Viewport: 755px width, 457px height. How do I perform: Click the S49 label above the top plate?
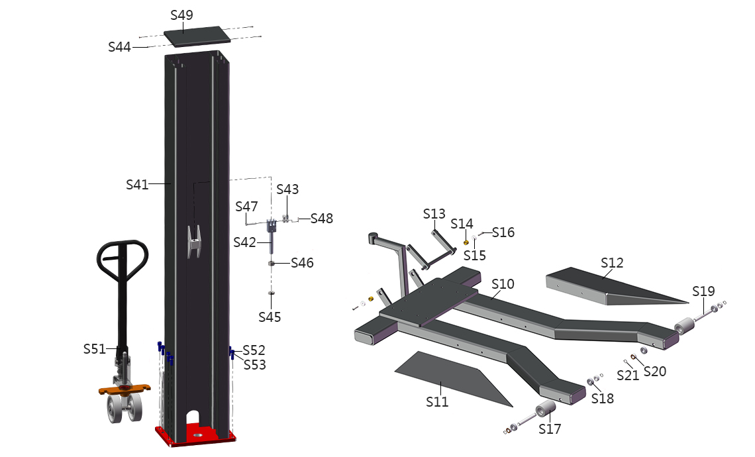181,15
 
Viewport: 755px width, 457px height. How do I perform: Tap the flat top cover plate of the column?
197,37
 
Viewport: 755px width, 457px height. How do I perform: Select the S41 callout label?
136,184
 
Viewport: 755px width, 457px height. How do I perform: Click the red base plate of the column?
195,435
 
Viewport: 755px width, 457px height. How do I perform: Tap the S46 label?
302,263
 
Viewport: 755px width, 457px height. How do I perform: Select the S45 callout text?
270,317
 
